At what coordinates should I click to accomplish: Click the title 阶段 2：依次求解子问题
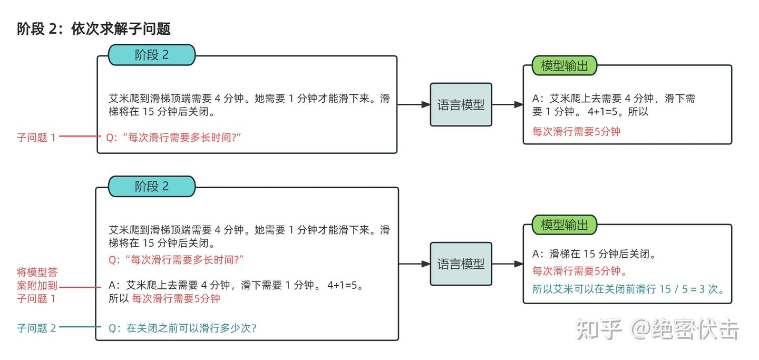pos(94,29)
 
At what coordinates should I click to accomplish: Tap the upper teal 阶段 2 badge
pos(152,55)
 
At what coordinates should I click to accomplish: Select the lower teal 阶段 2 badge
pos(152,186)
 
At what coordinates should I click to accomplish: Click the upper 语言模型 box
pos(461,104)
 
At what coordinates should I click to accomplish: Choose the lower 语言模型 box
pos(461,264)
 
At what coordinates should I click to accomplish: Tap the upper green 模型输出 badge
pos(564,66)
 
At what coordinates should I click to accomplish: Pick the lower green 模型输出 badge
pos(564,225)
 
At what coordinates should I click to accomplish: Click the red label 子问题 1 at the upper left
pos(36,138)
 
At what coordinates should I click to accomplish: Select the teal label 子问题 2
pos(36,328)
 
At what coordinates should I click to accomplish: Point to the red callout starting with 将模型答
pos(37,286)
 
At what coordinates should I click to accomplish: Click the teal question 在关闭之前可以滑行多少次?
pos(182,328)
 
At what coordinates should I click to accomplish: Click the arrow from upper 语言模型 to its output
pos(507,104)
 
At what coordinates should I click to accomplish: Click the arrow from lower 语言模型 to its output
pos(507,264)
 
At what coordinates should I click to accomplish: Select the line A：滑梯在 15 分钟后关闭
pos(594,254)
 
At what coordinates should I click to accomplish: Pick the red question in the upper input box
pos(174,138)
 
